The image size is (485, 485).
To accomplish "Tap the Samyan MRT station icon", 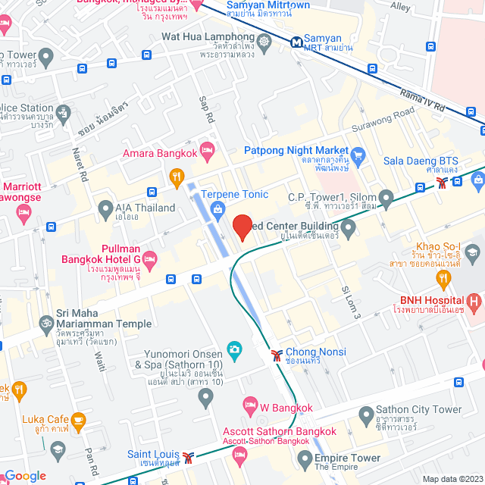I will coord(297,42).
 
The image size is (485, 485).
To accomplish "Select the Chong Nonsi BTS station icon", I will coord(278,353).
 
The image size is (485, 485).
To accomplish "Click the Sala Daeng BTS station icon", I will coord(443,183).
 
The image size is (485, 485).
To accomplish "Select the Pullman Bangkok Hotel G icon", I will coord(150,259).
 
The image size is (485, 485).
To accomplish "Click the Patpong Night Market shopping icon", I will coord(358,155).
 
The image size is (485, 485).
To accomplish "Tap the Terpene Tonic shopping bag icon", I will coord(218,208).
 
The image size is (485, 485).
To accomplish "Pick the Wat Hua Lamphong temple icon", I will coord(264,41).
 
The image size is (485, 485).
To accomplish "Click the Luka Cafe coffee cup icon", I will coord(78,419).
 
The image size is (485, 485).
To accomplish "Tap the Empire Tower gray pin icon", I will coord(305,458).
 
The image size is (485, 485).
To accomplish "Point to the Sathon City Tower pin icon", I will coord(365,415).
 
